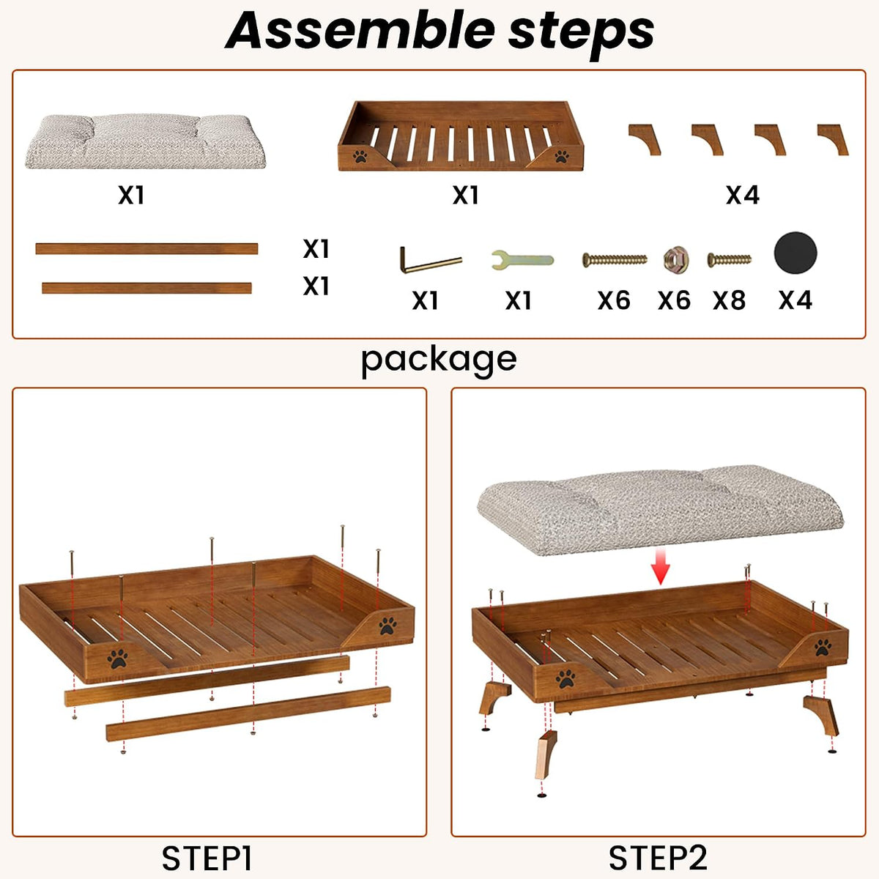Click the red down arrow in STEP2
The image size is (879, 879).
[x=660, y=567]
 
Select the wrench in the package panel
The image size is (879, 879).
[x=522, y=259]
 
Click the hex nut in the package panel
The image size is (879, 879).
[x=675, y=259]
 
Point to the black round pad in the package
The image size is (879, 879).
[x=795, y=253]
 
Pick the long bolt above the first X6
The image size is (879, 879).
[x=615, y=260]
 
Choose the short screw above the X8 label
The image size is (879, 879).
[x=729, y=259]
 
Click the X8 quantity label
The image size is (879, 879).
[x=729, y=300]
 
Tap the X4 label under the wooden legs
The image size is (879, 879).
[x=743, y=196]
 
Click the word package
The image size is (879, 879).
[x=439, y=360]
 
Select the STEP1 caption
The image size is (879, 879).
[x=207, y=858]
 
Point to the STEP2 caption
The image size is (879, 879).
[x=658, y=858]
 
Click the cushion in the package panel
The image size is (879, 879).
[x=145, y=141]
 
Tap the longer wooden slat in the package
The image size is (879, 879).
[x=146, y=248]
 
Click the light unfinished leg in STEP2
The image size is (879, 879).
[x=546, y=754]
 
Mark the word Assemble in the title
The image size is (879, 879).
[x=360, y=31]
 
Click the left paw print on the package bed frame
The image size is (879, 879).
[x=360, y=157]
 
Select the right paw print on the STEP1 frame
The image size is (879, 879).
[x=387, y=626]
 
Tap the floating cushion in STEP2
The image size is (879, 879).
[x=660, y=510]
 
